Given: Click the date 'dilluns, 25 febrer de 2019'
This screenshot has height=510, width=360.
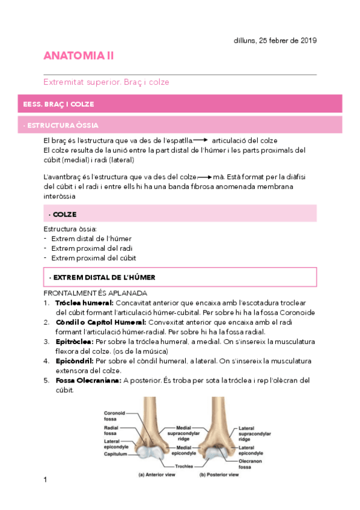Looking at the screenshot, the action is coord(275,40).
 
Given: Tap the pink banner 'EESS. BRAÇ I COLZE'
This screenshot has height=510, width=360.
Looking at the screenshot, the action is coord(58,104).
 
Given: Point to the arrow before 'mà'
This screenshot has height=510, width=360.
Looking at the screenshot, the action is coord(206,177).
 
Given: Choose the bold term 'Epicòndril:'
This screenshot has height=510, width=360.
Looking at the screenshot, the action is coord(75,361).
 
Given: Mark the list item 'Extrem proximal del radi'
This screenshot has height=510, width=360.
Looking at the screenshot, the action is coord(91,248).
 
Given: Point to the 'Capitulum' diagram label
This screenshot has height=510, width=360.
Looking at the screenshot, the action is coord(116,455).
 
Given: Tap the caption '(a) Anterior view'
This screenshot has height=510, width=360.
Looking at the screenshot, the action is coord(159,475).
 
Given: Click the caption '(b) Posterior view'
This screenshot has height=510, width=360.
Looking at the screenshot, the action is coord(219,475).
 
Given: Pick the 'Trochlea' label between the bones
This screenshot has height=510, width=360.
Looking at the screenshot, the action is coord(184,466).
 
